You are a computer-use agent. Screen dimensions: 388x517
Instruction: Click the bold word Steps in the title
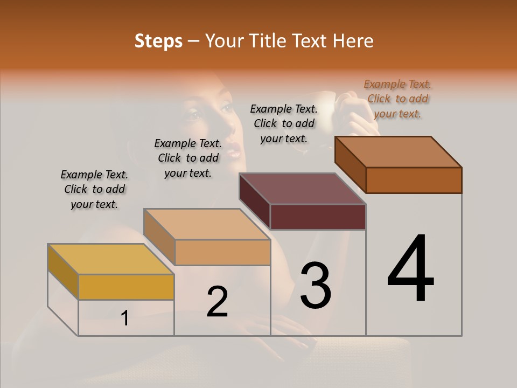pyautogui.click(x=158, y=41)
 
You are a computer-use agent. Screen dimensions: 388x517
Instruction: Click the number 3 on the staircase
pyautogui.click(x=316, y=285)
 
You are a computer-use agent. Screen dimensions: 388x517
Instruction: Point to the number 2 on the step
pyautogui.click(x=217, y=302)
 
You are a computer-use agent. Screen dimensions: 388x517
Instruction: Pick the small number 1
pyautogui.click(x=125, y=318)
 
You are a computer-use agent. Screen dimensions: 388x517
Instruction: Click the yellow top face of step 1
pyautogui.click(x=110, y=259)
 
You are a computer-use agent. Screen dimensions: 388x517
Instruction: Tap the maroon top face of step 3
pyautogui.click(x=302, y=189)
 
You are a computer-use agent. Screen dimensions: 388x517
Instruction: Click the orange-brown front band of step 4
pyautogui.click(x=414, y=180)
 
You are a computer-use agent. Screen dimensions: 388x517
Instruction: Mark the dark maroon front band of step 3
pyautogui.click(x=318, y=217)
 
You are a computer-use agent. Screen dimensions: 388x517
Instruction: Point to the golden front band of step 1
pyautogui.click(x=126, y=287)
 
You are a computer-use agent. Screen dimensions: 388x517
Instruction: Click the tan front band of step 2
pyautogui.click(x=222, y=252)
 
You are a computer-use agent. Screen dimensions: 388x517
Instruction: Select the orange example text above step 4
pyautogui.click(x=397, y=99)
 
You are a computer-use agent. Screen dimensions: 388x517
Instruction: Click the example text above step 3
pyautogui.click(x=284, y=123)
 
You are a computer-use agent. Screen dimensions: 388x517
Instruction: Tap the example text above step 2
pyautogui.click(x=188, y=158)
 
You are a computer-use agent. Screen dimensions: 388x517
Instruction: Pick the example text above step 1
pyautogui.click(x=94, y=189)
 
